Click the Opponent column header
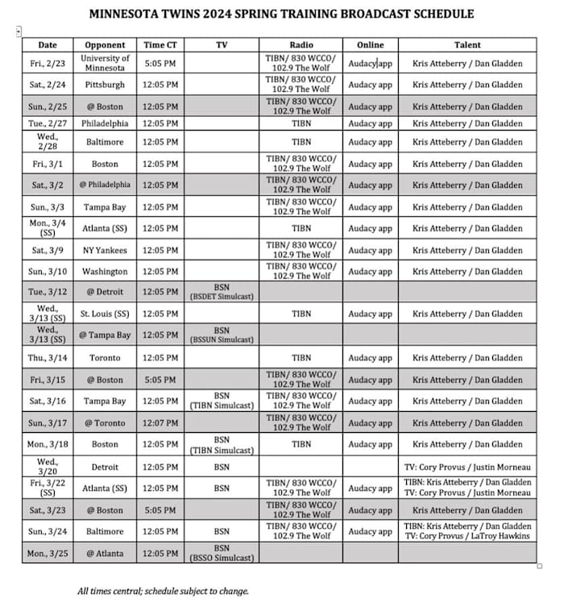click(105, 45)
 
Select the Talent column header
click(467, 45)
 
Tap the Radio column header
click(301, 45)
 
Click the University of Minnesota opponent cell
click(105, 63)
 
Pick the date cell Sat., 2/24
click(48, 85)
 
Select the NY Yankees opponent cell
click(105, 250)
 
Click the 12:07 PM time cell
click(160, 422)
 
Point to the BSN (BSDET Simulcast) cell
click(222, 292)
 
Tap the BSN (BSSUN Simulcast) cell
click(222, 335)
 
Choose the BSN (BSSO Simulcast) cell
click(222, 553)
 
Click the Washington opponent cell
click(105, 272)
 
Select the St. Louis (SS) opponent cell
click(105, 314)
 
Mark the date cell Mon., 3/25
click(48, 553)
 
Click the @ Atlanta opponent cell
click(105, 553)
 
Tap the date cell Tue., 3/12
click(48, 292)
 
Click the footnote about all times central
click(163, 591)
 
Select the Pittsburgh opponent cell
click(105, 85)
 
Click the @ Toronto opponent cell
click(105, 422)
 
